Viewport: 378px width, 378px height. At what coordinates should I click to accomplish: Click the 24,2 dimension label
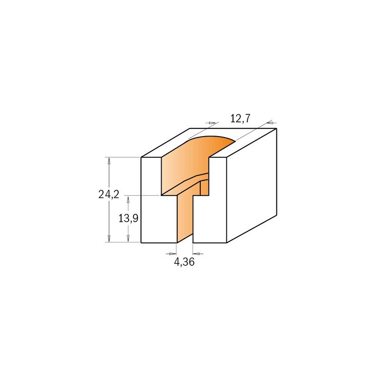(109, 194)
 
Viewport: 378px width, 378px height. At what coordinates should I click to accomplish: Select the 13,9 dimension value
(128, 218)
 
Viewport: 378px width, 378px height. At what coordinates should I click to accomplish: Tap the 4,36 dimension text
(184, 262)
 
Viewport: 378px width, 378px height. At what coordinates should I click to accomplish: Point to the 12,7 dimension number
(241, 119)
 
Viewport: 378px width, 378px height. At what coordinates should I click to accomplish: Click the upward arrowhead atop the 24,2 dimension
(109, 161)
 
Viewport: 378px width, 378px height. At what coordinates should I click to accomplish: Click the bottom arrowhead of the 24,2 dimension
(109, 239)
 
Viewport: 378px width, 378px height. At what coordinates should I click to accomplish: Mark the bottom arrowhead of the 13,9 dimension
(128, 239)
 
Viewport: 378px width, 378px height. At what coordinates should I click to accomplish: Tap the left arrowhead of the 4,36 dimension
(173, 254)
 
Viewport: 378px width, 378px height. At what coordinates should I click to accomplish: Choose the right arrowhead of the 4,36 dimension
(196, 254)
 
